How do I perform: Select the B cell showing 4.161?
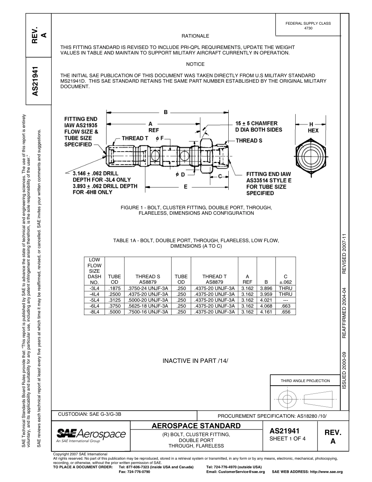[266, 312]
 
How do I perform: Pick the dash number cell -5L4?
[95, 300]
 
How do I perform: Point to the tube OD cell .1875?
[114, 288]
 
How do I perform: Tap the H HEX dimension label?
[313, 127]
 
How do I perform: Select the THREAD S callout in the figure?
[249, 141]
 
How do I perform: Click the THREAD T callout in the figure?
[135, 138]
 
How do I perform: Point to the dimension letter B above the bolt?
[166, 112]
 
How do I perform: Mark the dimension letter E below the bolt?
[186, 187]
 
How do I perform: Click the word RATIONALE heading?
[195, 36]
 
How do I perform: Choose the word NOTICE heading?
[195, 64]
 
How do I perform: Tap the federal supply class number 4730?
[308, 28]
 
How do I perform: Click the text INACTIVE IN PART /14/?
[195, 361]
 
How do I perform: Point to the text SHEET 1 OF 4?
[287, 439]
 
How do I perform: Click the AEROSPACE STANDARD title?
[196, 426]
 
